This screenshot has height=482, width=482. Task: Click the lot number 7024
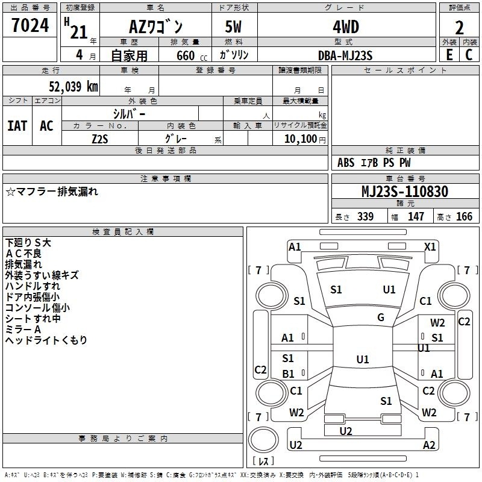click(x=30, y=25)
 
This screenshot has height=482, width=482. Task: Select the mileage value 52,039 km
click(x=74, y=86)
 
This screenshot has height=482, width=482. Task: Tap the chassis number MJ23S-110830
click(x=405, y=192)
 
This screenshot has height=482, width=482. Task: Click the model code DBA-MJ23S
click(x=345, y=55)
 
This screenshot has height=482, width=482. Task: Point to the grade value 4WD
click(x=346, y=27)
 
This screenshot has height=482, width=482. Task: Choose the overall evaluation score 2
click(x=459, y=28)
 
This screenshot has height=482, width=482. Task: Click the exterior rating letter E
click(x=449, y=55)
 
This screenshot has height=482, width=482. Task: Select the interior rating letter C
click(x=469, y=55)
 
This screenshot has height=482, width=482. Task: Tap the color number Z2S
click(x=100, y=139)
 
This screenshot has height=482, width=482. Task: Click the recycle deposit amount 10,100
click(x=301, y=139)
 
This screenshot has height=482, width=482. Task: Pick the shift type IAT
click(x=17, y=126)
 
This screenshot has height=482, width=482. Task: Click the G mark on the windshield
click(x=381, y=318)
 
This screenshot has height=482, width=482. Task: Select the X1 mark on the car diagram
click(x=430, y=247)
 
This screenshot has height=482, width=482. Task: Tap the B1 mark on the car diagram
click(x=288, y=374)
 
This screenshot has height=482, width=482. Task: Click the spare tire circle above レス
click(x=263, y=439)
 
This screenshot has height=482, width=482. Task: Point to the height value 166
click(x=464, y=216)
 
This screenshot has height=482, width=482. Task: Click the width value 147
click(x=416, y=216)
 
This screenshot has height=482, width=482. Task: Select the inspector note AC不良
click(x=23, y=254)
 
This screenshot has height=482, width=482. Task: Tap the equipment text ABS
click(x=346, y=163)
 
